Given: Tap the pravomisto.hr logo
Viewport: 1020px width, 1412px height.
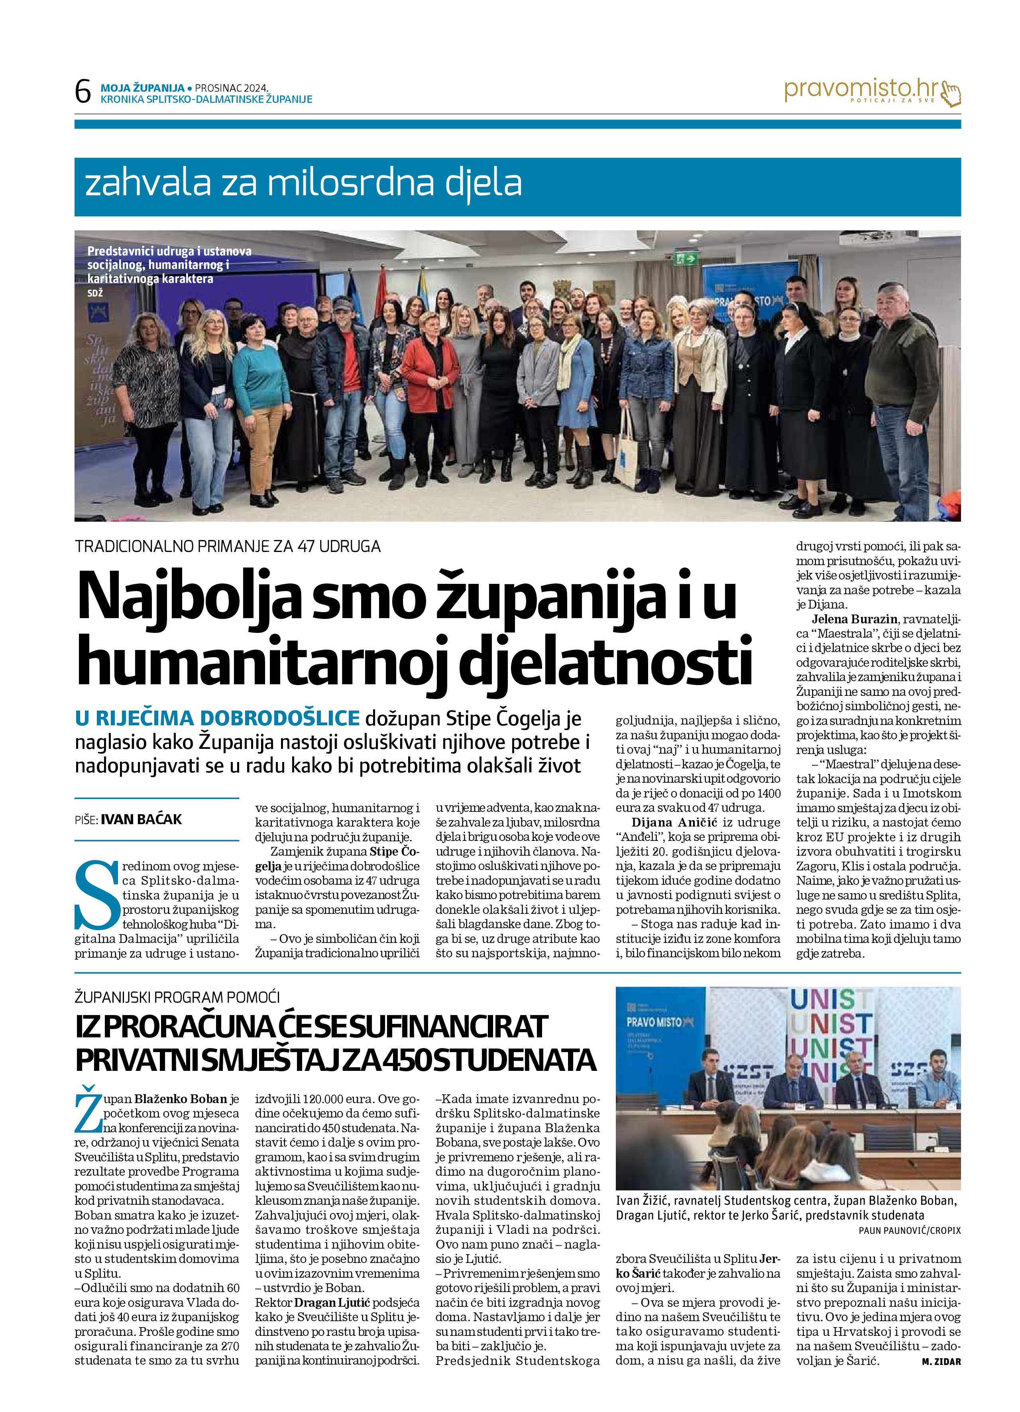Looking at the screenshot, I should tap(863, 90).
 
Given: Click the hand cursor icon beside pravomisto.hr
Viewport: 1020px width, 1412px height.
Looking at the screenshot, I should tap(951, 93).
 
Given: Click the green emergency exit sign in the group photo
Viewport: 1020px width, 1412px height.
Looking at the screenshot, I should tap(688, 257).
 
